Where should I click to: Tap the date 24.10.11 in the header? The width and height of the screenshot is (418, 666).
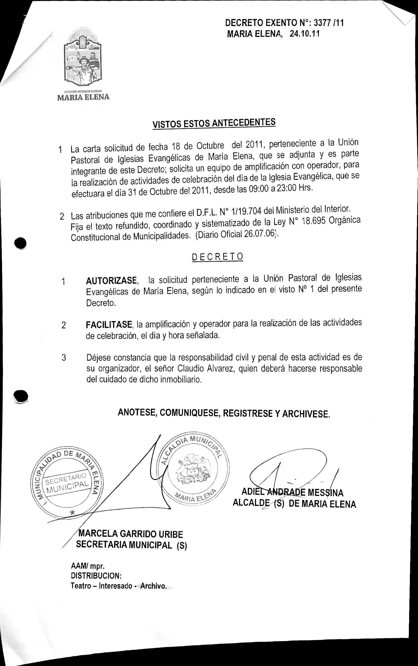(x=304, y=34)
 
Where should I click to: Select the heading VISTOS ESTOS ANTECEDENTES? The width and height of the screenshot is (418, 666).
(x=214, y=123)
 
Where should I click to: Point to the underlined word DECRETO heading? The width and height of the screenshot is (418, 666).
(x=217, y=257)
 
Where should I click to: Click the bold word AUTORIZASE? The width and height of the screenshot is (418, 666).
(x=111, y=281)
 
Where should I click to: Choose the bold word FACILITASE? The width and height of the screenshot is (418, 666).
(x=109, y=324)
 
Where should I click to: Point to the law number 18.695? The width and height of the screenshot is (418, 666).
(x=314, y=222)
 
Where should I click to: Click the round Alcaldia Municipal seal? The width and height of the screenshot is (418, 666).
(x=195, y=469)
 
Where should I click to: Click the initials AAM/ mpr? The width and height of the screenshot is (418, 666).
(x=87, y=566)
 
